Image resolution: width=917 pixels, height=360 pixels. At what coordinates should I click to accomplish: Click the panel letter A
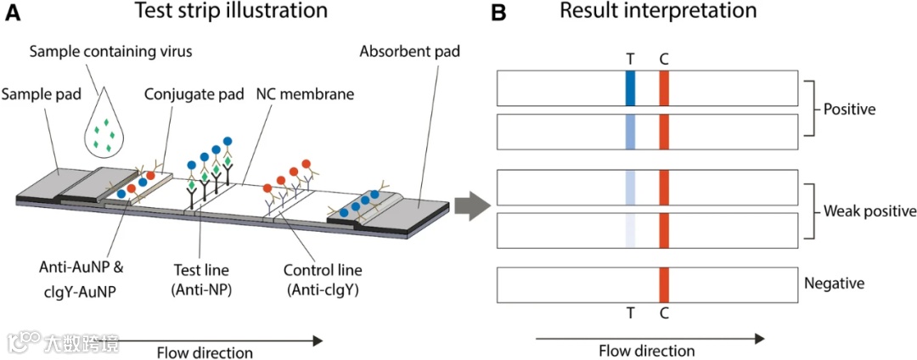pyautogui.click(x=13, y=14)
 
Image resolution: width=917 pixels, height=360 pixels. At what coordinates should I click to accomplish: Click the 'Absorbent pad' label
pyautogui.click(x=409, y=52)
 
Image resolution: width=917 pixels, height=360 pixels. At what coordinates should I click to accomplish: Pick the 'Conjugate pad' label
pyautogui.click(x=184, y=93)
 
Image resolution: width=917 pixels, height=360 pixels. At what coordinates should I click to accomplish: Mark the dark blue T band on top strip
pyautogui.click(x=630, y=89)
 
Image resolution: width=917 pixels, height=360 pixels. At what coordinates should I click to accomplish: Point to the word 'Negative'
pyautogui.click(x=835, y=284)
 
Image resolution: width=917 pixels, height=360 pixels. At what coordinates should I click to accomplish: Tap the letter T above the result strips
pyautogui.click(x=630, y=59)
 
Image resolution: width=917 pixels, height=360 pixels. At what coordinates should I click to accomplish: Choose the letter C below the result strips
pyautogui.click(x=664, y=313)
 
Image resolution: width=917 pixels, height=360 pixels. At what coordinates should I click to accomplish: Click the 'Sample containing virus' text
pyautogui.click(x=110, y=52)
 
